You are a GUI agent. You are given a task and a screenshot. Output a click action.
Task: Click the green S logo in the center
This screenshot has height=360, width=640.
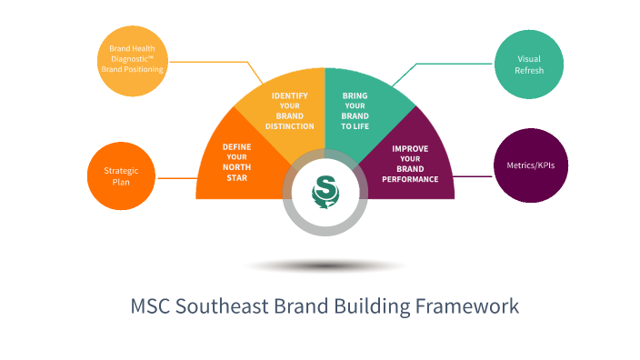[325, 191]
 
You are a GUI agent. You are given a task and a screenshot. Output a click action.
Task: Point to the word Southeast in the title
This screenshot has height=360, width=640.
[217, 305]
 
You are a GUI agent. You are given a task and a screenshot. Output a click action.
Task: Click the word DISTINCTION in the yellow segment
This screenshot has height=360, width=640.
[291, 126]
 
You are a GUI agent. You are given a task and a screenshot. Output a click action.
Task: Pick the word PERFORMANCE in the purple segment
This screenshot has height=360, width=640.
[410, 179]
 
